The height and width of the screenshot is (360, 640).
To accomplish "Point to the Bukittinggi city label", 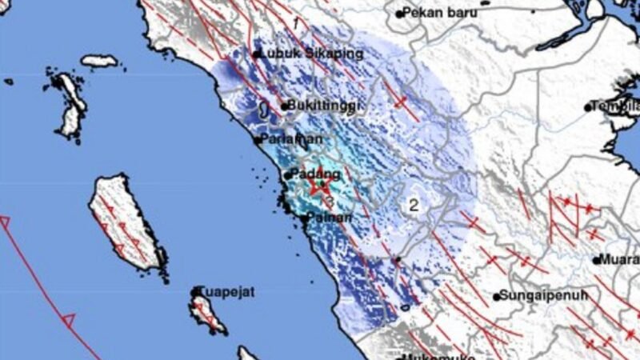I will pyautogui.click(x=321, y=105).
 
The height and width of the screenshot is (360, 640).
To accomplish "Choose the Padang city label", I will pyautogui.click(x=316, y=173).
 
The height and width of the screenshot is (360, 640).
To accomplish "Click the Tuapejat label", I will pyautogui.click(x=227, y=292).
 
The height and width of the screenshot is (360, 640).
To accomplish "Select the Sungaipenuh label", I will pyautogui.click(x=543, y=294).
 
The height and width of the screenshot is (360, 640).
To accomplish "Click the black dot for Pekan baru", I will pyautogui.click(x=400, y=13).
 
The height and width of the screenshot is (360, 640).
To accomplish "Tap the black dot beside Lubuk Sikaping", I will pyautogui.click(x=257, y=54).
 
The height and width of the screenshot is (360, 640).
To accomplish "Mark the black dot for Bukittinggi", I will pyautogui.click(x=284, y=106).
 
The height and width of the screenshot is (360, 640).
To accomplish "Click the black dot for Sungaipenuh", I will pyautogui.click(x=498, y=295).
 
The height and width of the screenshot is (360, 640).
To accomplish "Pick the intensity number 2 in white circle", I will pyautogui.click(x=414, y=205).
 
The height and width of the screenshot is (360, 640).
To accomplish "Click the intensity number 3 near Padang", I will pyautogui.click(x=329, y=202).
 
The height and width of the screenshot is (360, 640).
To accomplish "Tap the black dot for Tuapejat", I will pyautogui.click(x=197, y=292).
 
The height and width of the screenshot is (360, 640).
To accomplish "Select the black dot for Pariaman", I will pyautogui.click(x=257, y=140).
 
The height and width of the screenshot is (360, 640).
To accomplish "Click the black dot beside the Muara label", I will pyautogui.click(x=597, y=259).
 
